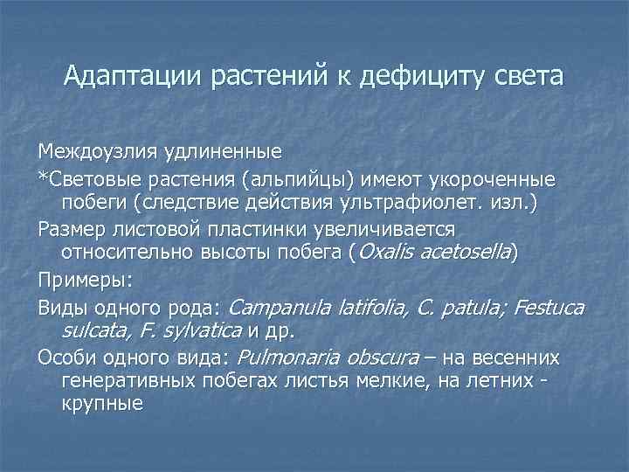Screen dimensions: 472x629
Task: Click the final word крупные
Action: tap(102, 406)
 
